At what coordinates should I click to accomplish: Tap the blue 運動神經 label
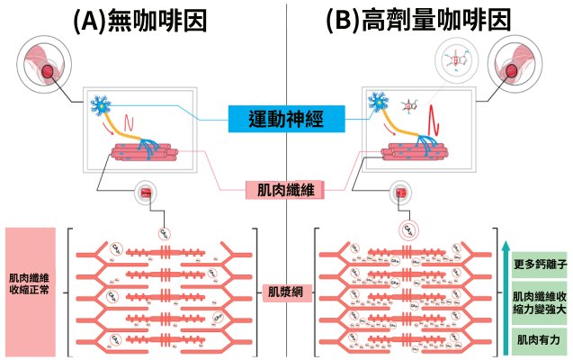point(287,118)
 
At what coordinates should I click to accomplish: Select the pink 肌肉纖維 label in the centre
point(285,190)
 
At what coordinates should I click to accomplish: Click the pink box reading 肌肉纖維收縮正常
point(30,291)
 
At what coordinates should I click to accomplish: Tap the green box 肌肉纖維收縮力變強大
point(537,301)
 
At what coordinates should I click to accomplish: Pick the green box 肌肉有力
point(537,339)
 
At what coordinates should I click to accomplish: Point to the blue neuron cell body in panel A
point(98,105)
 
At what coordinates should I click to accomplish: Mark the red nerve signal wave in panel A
point(132,118)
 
